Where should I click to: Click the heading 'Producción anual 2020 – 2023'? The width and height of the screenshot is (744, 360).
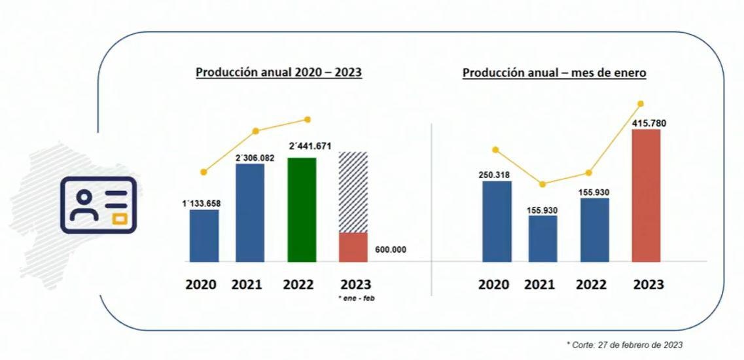279,72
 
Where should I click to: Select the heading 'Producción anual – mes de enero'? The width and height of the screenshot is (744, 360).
554,73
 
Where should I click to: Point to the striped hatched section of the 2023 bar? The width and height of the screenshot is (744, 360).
353,192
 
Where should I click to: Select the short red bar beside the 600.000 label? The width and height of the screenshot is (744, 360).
353,247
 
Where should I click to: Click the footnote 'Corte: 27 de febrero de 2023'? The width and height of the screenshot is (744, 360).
625,344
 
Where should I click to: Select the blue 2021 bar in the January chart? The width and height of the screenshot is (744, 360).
542,238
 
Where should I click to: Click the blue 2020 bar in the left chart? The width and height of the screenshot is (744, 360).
204,236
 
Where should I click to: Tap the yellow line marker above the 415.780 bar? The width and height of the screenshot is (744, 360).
640,103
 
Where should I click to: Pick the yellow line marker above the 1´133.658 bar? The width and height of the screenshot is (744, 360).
204,172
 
